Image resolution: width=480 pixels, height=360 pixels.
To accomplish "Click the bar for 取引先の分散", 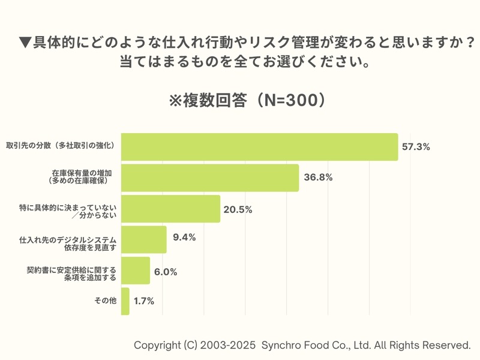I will pos(259,147).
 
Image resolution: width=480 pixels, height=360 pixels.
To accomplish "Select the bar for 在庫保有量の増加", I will pos(210,178).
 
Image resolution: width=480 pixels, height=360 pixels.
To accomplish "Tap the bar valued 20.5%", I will pos(171,209).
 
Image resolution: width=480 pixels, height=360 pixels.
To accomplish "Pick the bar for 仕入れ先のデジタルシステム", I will pos(144,240).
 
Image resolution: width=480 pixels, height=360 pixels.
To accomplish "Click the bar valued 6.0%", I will pos(136,271).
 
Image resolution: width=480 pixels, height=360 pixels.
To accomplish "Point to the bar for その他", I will pos(125,301).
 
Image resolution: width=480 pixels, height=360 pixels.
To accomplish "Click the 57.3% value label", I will pos(416,147).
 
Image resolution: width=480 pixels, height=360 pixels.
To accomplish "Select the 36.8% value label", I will pos(318,178).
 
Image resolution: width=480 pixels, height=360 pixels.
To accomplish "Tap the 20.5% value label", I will pos(238,209).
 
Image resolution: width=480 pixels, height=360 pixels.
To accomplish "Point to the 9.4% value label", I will pos(184,238).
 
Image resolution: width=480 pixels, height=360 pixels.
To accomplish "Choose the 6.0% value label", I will pos(165,272).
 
